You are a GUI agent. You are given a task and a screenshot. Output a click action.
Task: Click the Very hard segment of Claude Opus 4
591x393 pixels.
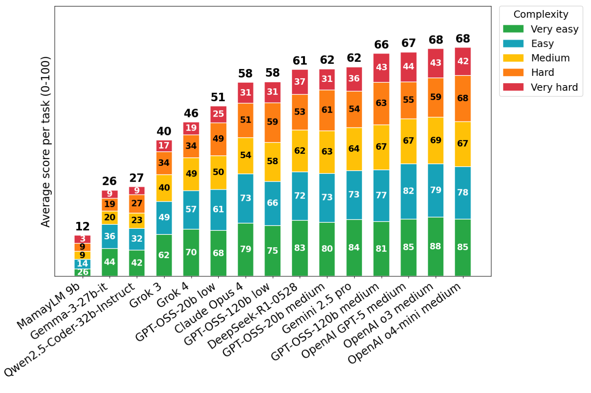click(245, 93)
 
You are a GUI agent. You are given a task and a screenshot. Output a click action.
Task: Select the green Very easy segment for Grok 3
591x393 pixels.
click(164, 255)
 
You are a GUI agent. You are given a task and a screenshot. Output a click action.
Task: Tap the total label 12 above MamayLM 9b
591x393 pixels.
click(82, 226)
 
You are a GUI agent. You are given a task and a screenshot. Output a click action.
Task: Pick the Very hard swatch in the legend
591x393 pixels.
click(513, 87)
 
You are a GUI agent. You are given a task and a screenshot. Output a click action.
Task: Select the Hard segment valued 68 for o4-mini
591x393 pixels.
click(463, 98)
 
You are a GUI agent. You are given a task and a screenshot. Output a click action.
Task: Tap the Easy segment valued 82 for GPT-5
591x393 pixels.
click(408, 191)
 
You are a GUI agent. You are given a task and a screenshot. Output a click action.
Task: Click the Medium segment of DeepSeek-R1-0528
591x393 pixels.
click(300, 151)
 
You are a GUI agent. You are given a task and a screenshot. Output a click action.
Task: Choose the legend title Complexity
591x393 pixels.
click(541, 15)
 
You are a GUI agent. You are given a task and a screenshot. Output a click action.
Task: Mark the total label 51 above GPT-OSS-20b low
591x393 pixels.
click(218, 97)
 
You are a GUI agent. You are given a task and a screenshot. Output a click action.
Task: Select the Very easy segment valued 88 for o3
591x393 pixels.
click(435, 246)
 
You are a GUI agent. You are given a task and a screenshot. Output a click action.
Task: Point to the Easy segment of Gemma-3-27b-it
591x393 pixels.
click(109, 236)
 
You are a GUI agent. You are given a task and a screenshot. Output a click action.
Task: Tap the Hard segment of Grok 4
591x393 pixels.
click(191, 146)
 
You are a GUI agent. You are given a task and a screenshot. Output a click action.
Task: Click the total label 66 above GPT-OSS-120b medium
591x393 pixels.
click(381, 44)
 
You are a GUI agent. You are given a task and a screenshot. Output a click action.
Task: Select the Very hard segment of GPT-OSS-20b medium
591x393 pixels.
click(327, 79)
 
